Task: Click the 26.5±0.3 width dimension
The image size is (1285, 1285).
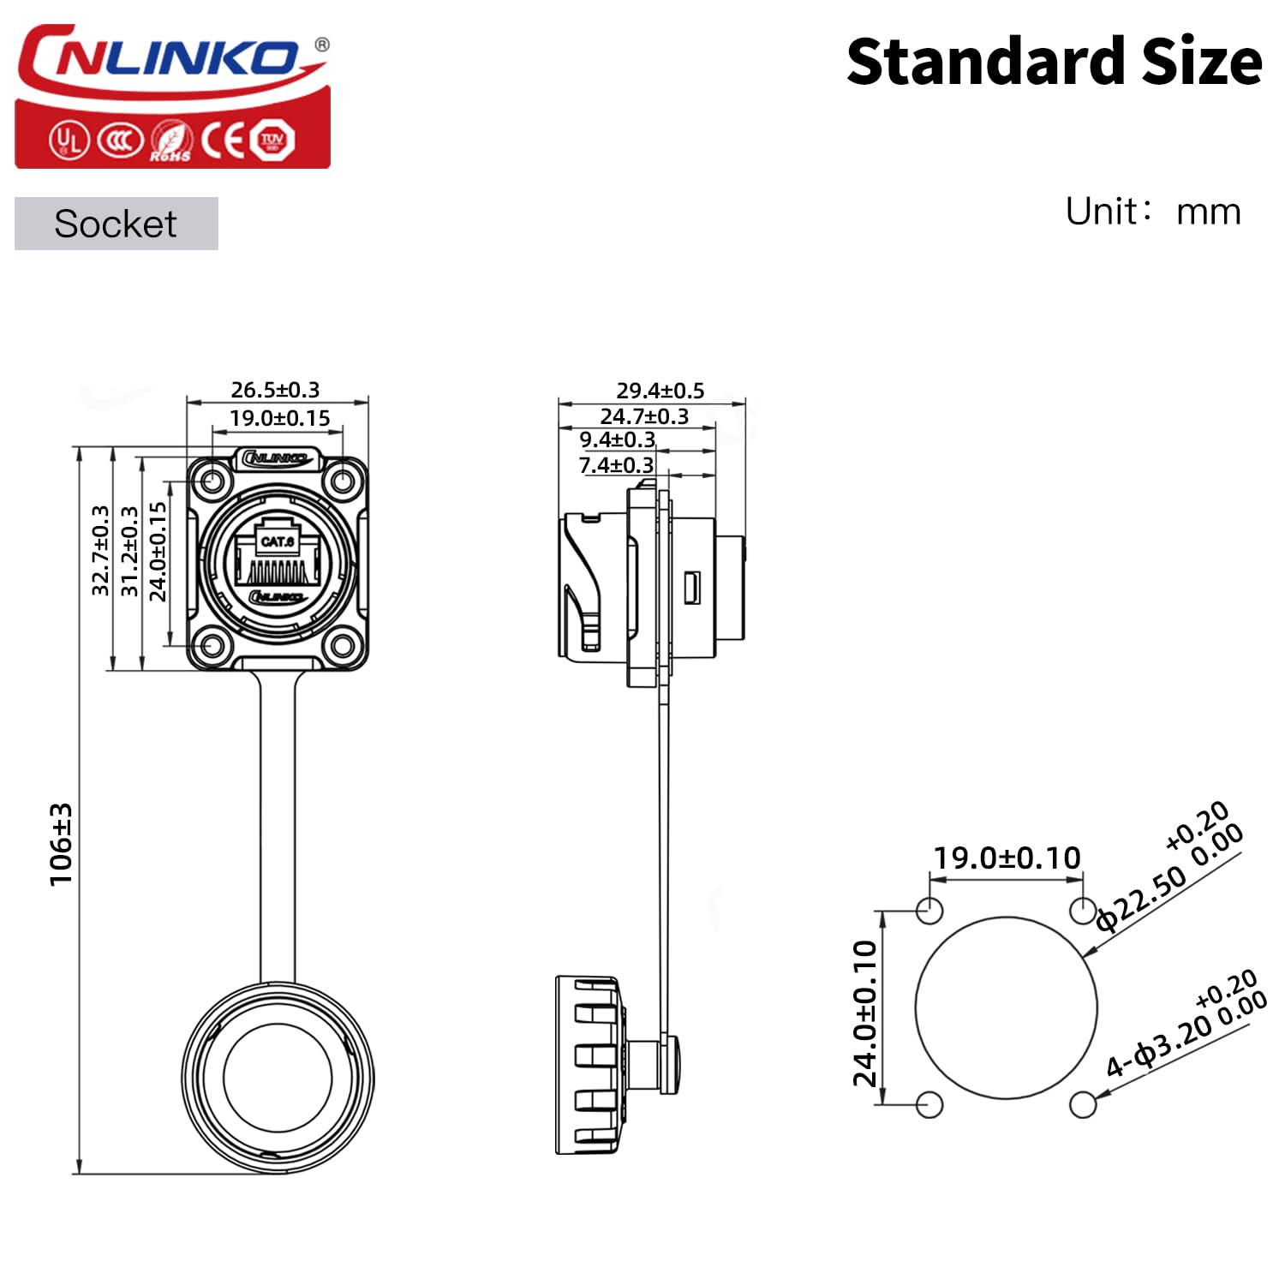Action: tap(275, 390)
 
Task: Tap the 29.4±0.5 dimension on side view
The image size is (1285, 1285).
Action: tap(660, 391)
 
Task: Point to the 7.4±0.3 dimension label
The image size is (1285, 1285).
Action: tap(616, 465)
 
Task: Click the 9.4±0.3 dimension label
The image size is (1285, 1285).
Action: tap(617, 439)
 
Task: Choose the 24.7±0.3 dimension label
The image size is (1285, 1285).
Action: tap(643, 416)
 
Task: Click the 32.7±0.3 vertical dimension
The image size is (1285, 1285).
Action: tap(100, 550)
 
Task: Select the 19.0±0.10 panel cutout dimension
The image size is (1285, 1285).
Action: tap(1007, 858)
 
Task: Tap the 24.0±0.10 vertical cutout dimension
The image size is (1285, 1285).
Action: tap(866, 1013)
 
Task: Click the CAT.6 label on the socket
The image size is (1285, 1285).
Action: tap(278, 541)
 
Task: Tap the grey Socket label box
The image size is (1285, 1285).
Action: tap(116, 224)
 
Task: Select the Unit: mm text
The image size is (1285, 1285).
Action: tap(1152, 211)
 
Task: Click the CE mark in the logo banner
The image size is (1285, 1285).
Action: tap(224, 140)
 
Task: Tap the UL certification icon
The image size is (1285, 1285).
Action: tap(68, 140)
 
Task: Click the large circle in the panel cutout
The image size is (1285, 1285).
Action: tap(1006, 1007)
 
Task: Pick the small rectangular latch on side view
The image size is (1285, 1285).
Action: tap(691, 587)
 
